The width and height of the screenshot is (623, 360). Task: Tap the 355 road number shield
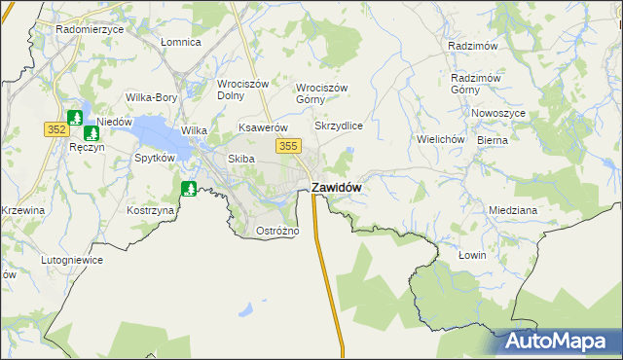(x=286, y=146)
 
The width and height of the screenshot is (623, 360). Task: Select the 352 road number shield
(x=55, y=128)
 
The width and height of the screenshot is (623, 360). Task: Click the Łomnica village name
(x=180, y=43)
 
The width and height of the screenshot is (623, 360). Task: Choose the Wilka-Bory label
(x=151, y=97)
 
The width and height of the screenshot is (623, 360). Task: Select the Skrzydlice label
(x=339, y=126)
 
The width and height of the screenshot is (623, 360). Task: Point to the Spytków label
(x=154, y=157)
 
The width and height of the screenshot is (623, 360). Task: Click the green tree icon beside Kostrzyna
(x=189, y=188)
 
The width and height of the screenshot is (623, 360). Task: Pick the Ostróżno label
(x=276, y=231)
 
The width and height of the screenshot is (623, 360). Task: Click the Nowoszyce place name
(x=498, y=113)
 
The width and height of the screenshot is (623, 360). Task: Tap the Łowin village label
(x=471, y=255)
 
